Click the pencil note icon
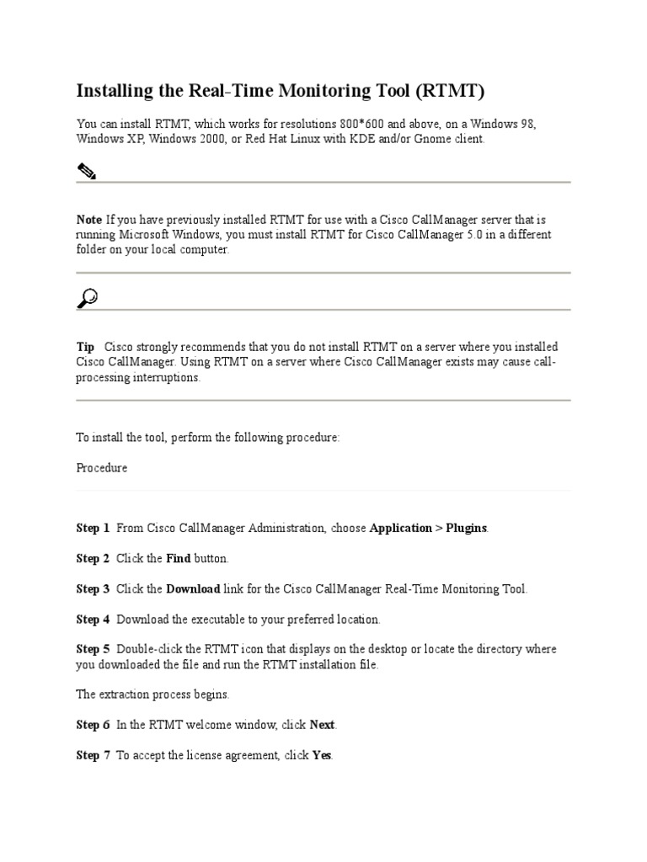[x=87, y=171]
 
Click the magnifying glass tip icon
[x=87, y=298]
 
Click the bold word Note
[x=89, y=219]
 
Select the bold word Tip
[x=85, y=347]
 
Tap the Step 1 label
[x=93, y=529]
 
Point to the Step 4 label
[x=93, y=620]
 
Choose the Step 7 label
[x=93, y=756]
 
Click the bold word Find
[x=178, y=559]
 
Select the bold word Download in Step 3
[x=193, y=589]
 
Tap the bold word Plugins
[x=466, y=529]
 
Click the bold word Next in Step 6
[x=323, y=726]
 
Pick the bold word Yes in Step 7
[x=321, y=756]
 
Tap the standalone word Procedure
[x=102, y=468]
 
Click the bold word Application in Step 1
[x=400, y=529]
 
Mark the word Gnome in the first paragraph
[x=429, y=139]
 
